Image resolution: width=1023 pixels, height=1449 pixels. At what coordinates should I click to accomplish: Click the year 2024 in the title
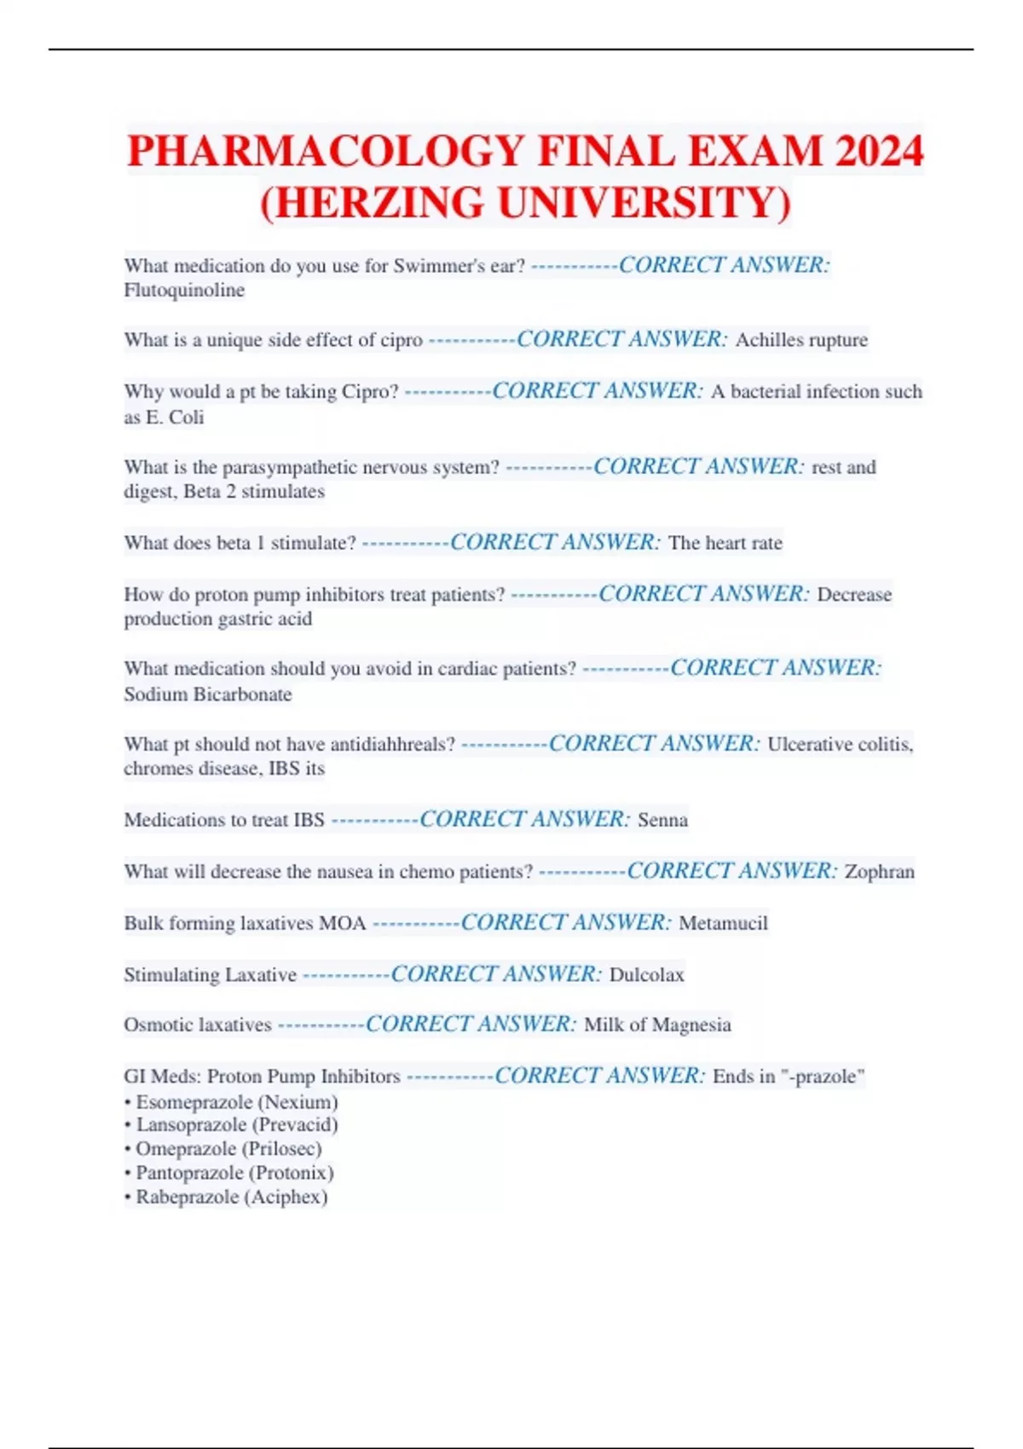click(879, 152)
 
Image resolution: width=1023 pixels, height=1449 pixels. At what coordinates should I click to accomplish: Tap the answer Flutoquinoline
click(184, 291)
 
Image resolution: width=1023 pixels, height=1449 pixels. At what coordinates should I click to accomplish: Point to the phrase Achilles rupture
click(801, 340)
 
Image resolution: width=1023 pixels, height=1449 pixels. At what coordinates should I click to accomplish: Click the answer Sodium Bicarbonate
click(208, 694)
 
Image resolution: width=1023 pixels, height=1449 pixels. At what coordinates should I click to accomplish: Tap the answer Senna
click(662, 820)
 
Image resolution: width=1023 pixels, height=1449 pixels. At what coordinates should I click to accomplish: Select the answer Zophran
click(879, 871)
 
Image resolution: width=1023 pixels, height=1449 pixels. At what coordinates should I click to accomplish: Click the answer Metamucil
click(723, 923)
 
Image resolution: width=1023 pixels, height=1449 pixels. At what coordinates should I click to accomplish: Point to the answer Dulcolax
click(646, 974)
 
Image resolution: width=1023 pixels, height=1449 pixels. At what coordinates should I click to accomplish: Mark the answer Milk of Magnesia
click(657, 1025)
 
